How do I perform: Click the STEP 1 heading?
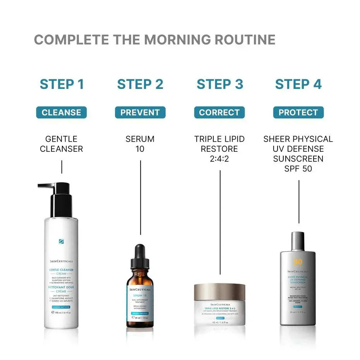pos(62,84)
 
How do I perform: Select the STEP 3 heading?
pos(219,84)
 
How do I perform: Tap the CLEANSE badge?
pos(62,113)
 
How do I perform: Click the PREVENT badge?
pos(140,113)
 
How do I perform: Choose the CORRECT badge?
pos(219,113)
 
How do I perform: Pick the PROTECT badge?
pos(298,113)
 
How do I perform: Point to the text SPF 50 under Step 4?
pos(298,169)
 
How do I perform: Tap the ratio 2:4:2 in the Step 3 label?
pos(219,159)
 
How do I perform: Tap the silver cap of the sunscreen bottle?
pos(298,241)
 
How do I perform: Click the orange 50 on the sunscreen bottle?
pos(298,262)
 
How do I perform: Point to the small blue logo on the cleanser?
pos(61,242)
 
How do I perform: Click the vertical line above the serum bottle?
pos(140,197)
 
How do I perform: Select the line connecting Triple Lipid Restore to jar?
pos(220,221)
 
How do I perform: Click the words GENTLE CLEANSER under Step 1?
pos(62,144)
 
